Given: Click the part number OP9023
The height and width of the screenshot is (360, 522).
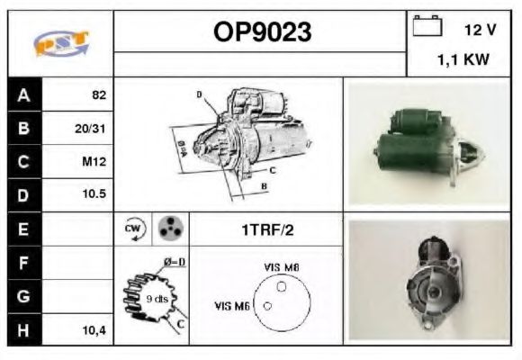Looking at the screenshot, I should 261,32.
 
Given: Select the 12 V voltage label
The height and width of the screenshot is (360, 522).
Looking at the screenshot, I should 480,30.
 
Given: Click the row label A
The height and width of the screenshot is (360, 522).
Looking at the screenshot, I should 23,94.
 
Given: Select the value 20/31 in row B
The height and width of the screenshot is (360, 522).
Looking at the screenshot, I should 91,128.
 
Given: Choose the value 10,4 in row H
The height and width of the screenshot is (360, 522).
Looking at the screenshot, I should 94,330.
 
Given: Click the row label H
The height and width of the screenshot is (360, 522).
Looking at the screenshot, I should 23,330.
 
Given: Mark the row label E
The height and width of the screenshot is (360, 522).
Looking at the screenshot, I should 23,229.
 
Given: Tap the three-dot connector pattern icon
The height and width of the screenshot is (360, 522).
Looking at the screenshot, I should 168,229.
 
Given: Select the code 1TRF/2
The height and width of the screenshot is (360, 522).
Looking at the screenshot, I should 267,229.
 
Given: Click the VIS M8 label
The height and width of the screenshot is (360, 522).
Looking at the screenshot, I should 282,266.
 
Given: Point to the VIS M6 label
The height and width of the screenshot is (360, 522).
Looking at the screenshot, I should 231,306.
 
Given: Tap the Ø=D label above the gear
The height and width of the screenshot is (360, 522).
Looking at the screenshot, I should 175,263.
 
